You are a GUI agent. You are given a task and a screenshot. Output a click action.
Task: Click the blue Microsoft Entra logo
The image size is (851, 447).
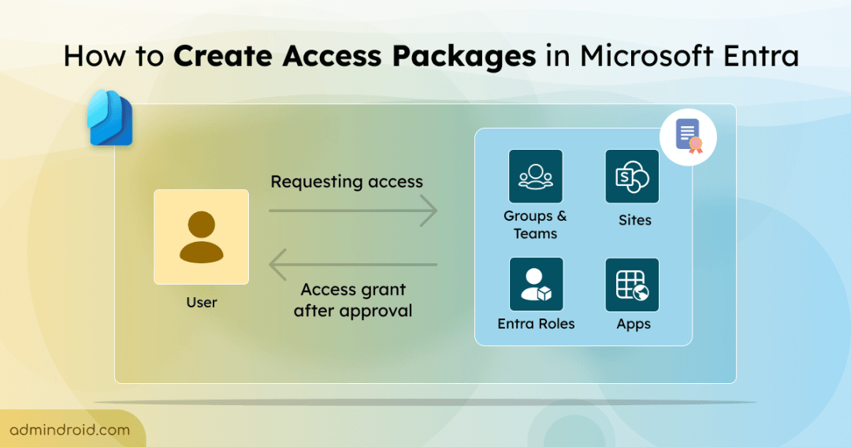[110, 118]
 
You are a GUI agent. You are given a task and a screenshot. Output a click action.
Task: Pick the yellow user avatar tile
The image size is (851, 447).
[202, 237]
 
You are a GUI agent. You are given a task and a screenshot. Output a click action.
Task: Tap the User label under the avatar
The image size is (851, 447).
[202, 302]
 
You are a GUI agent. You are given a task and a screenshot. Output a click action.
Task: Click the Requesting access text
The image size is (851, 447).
[347, 182]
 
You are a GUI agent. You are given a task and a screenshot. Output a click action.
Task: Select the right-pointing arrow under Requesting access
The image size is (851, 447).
[352, 210]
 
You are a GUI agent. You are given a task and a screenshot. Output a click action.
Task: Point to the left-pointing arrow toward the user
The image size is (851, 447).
[352, 265]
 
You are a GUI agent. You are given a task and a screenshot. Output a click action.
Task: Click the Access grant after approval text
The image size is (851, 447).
[353, 300]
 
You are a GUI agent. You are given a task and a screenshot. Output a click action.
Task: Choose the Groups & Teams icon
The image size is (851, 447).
[536, 177]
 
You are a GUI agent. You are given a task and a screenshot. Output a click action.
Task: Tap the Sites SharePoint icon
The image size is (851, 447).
[632, 177]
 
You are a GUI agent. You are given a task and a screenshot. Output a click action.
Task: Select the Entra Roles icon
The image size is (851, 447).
[536, 285]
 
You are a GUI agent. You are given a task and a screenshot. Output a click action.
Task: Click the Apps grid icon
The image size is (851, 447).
[632, 285]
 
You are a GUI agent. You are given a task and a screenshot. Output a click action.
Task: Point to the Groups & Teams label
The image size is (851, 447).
[536, 225]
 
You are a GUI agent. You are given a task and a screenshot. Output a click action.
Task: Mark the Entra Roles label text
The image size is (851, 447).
[536, 324]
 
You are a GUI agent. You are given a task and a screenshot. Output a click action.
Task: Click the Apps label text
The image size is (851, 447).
[634, 324]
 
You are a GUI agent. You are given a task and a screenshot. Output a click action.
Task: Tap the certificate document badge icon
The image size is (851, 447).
[688, 136]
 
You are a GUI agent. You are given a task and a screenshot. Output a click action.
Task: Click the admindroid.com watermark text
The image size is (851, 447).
[70, 430]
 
